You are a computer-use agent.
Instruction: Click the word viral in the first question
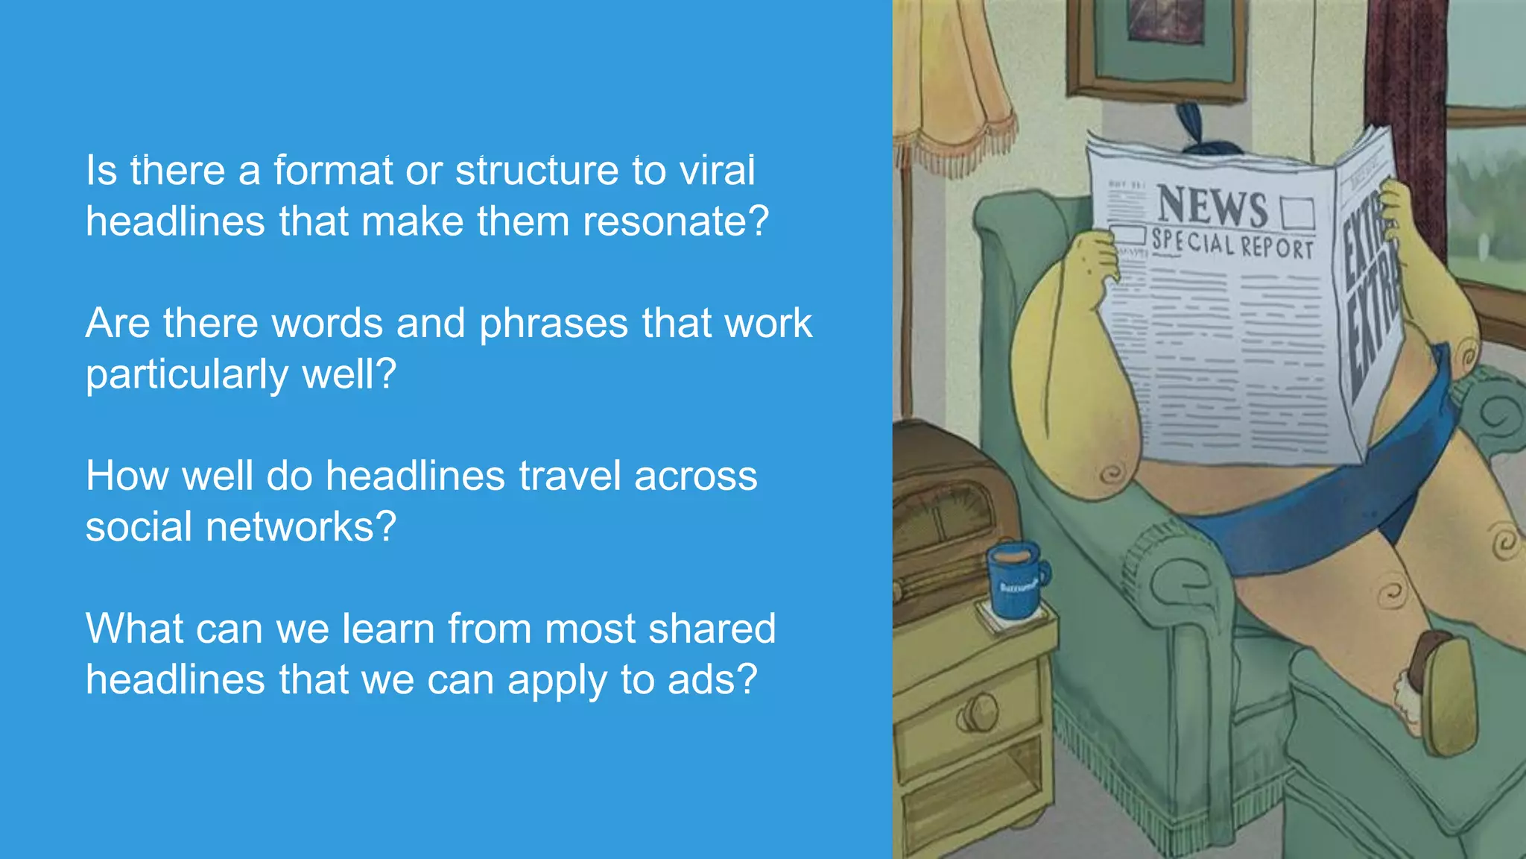717,171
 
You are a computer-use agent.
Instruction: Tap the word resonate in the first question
675,221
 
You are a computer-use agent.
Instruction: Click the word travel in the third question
570,476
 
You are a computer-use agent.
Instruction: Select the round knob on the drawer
978,713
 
